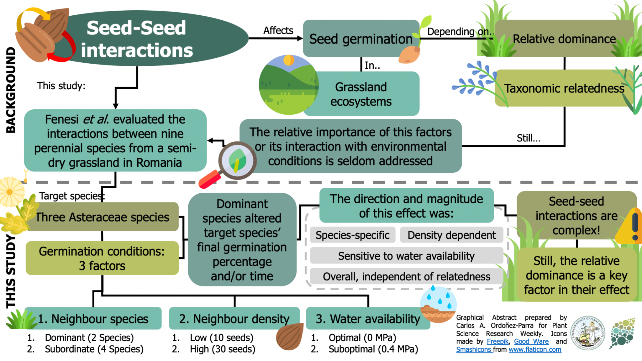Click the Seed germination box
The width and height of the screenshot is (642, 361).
pyautogui.click(x=360, y=39)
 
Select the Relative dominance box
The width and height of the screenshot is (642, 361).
pyautogui.click(x=564, y=39)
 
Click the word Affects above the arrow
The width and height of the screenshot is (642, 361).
pyautogui.click(x=278, y=30)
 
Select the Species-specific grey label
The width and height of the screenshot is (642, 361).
pyautogui.click(x=352, y=235)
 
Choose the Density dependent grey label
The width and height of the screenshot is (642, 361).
pyautogui.click(x=451, y=235)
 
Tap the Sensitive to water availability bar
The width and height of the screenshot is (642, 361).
pyautogui.click(x=406, y=256)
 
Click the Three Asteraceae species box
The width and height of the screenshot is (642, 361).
pyautogui.click(x=103, y=217)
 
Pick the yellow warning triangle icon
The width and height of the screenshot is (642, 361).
pyautogui.click(x=632, y=226)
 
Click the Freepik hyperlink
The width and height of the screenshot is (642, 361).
pyautogui.click(x=497, y=341)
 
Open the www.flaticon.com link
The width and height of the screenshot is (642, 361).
pyautogui.click(x=535, y=349)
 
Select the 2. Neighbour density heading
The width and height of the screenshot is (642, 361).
pyautogui.click(x=234, y=319)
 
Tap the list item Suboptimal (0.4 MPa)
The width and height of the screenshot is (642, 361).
pyautogui.click(x=373, y=349)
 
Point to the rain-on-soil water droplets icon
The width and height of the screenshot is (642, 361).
pyautogui.click(x=438, y=304)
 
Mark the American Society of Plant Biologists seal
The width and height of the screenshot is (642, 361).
pyautogui.click(x=587, y=333)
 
